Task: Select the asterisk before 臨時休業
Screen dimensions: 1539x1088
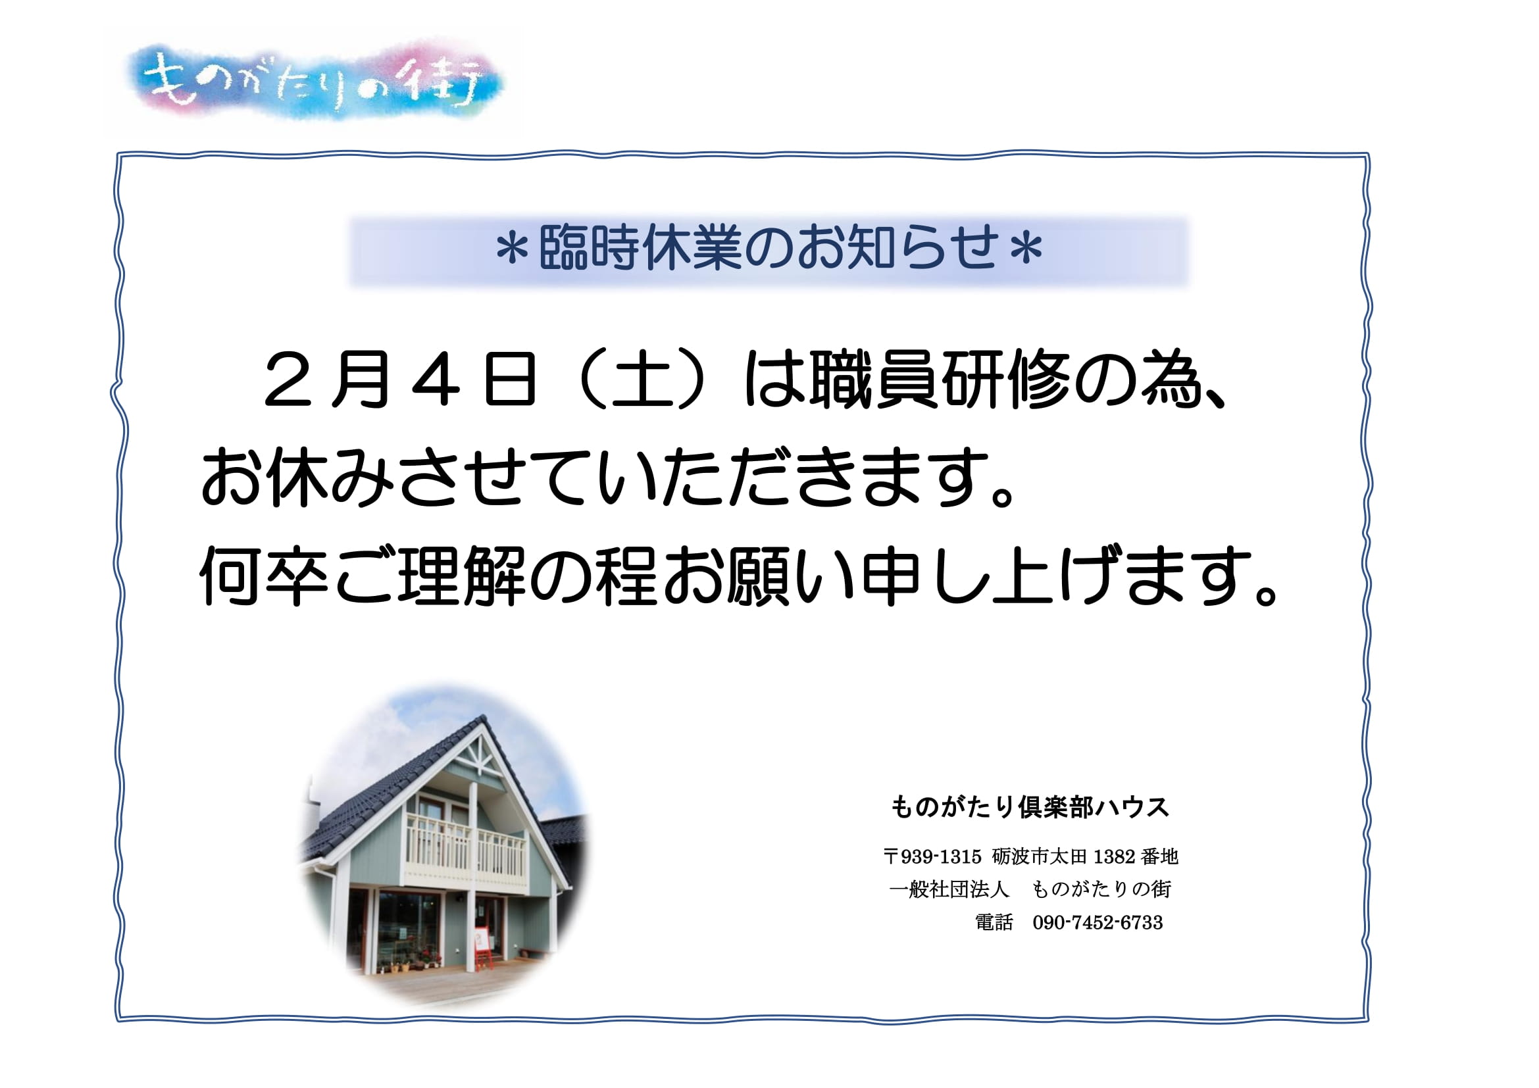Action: click(513, 250)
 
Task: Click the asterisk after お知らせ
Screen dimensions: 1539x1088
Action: click(1026, 250)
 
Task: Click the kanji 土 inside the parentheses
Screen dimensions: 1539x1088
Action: click(642, 380)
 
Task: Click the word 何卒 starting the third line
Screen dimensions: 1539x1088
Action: click(264, 576)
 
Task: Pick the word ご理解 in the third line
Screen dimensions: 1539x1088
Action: click(430, 576)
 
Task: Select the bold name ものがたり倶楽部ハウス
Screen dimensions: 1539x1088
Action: click(1030, 807)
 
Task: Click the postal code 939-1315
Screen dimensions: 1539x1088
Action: click(941, 857)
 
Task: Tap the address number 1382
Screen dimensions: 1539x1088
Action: click(1115, 857)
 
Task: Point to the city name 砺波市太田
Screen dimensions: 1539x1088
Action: click(1040, 857)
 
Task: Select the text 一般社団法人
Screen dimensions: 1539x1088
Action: click(949, 890)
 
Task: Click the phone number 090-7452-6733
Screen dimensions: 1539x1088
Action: click(1098, 922)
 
